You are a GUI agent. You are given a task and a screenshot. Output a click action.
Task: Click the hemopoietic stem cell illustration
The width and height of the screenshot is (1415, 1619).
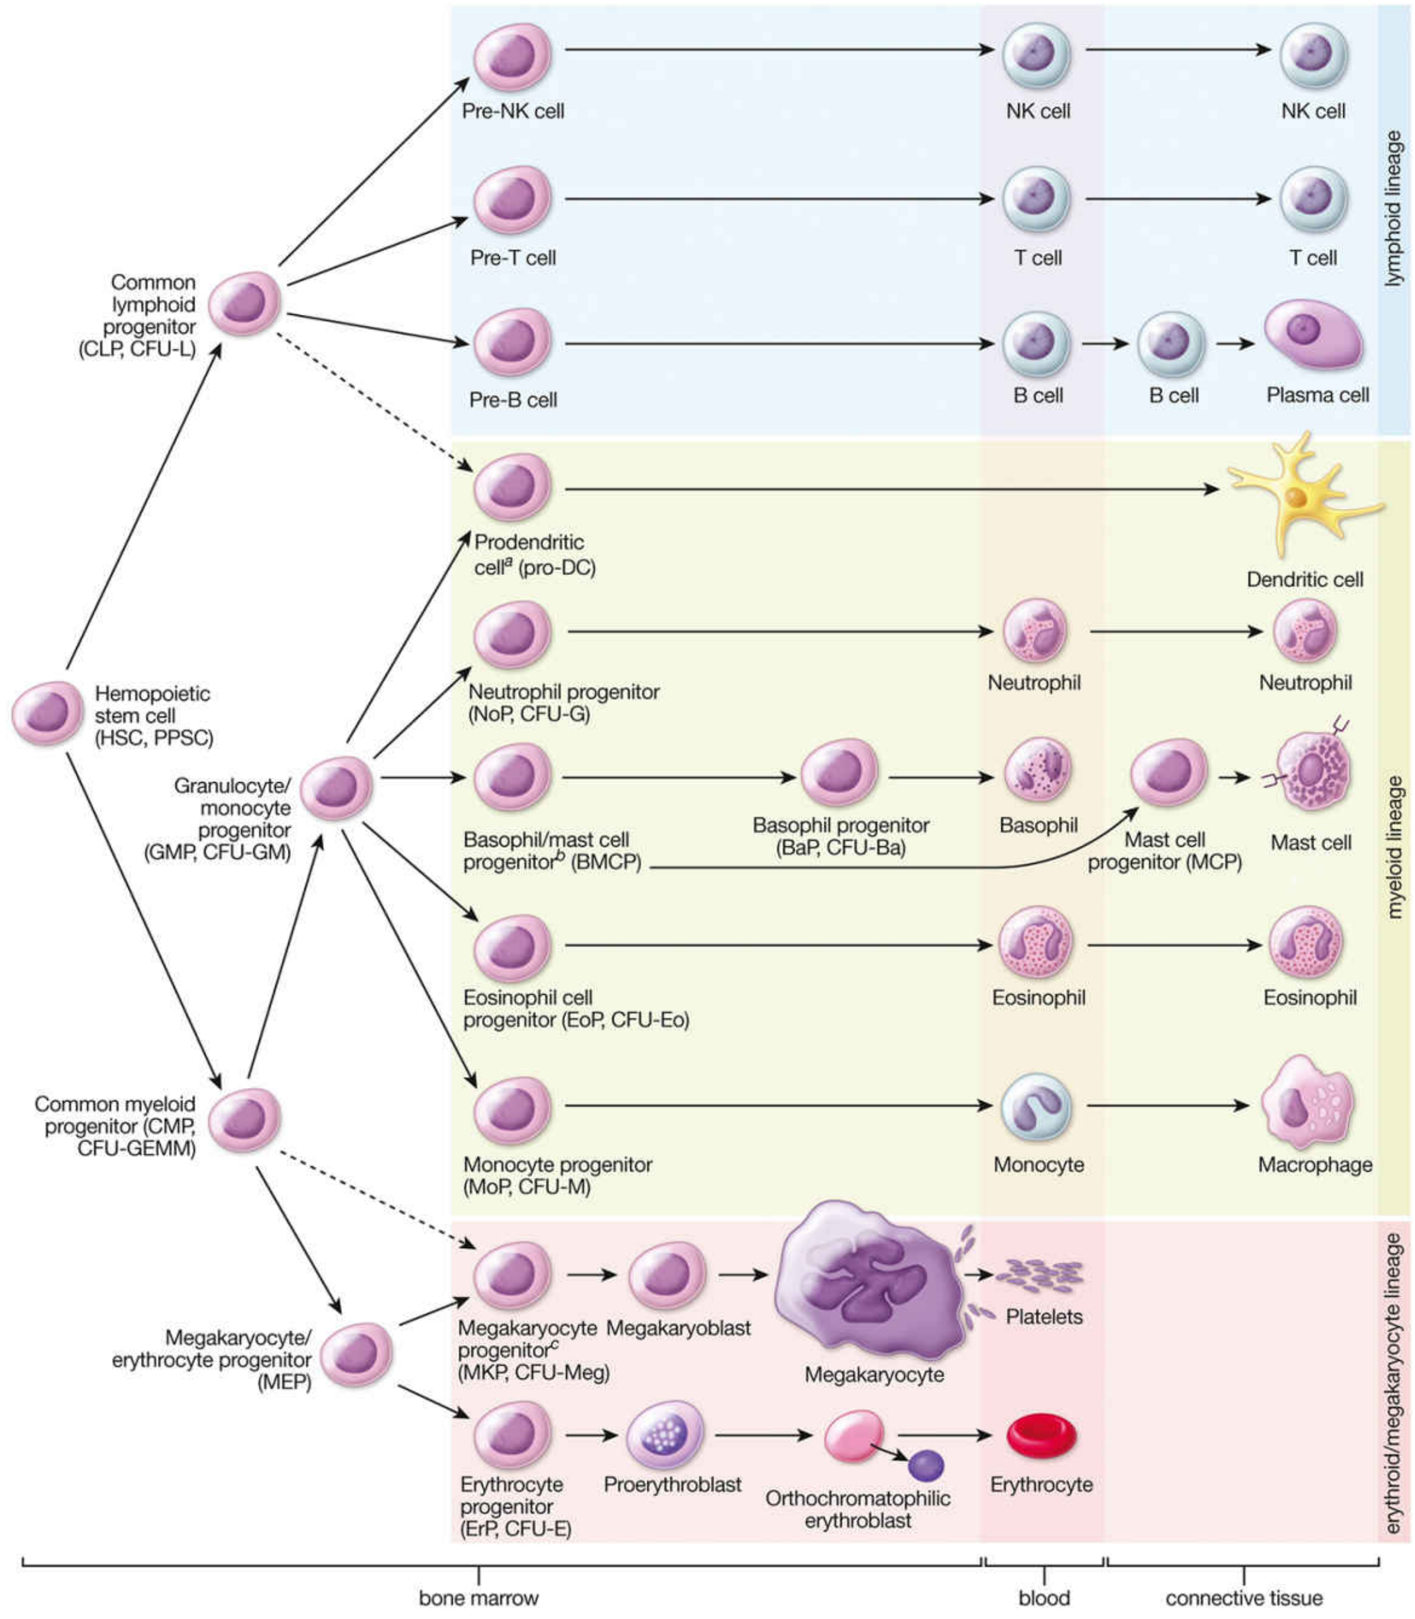pos(47,712)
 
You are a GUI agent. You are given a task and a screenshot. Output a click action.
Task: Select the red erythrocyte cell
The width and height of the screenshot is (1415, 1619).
pos(1041,1435)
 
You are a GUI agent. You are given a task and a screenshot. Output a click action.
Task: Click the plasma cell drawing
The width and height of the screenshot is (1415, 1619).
pos(1313,335)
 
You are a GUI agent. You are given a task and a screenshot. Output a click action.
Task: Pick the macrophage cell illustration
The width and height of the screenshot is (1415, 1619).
pos(1307,1104)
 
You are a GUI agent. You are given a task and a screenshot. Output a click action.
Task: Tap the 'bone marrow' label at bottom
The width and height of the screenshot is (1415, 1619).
pos(479,1598)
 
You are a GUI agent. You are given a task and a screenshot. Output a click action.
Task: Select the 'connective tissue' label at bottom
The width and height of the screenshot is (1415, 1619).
pos(1243,1598)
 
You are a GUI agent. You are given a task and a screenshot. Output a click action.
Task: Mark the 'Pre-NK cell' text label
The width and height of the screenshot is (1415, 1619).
pos(513,111)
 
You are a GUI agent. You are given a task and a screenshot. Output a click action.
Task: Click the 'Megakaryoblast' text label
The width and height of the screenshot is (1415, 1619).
pos(678,1327)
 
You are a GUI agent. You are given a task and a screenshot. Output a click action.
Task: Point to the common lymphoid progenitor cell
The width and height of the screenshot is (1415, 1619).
pos(244,304)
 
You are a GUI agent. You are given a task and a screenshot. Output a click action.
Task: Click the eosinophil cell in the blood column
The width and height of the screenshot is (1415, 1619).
pos(1035,944)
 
